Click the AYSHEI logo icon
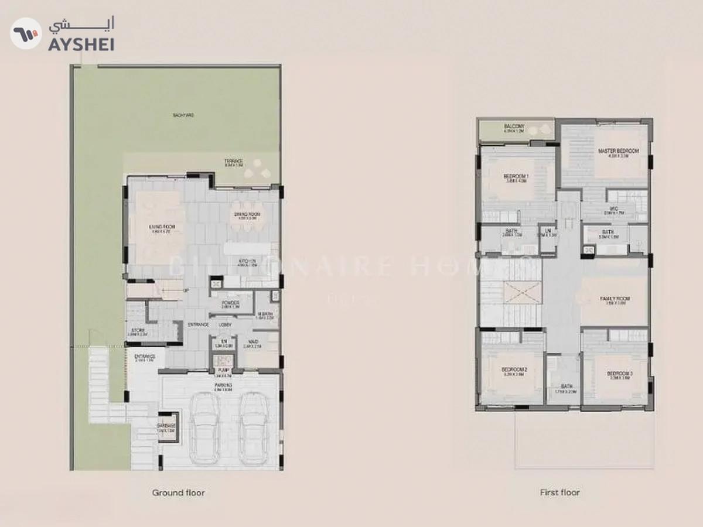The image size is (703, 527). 26,33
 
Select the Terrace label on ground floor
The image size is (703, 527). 233,162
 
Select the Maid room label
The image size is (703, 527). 254,343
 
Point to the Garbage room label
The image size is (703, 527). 166,427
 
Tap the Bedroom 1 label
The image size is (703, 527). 516,178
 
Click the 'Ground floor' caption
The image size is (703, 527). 179,493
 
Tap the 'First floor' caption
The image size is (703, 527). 559,493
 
